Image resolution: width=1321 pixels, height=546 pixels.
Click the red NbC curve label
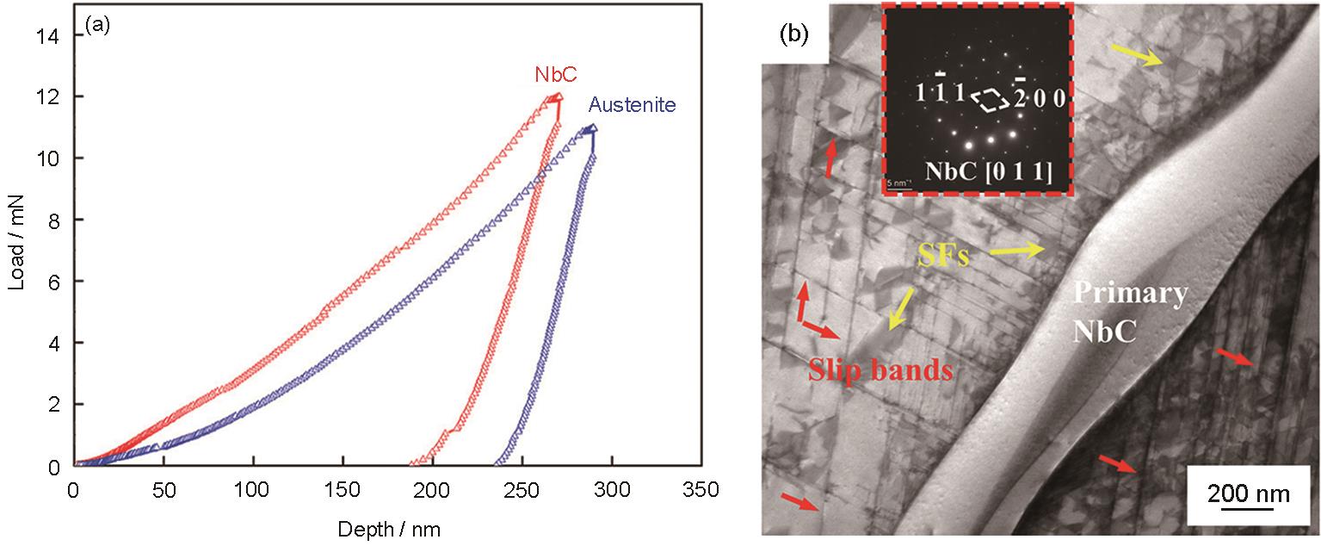pos(556,74)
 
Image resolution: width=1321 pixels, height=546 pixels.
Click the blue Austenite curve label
pos(633,104)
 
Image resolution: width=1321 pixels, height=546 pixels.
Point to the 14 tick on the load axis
pos(47,36)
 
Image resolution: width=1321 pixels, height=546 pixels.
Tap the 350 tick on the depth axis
pos(701,489)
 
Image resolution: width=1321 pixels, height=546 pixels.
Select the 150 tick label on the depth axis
pos(342,489)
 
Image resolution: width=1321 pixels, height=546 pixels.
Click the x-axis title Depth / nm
pos(389,530)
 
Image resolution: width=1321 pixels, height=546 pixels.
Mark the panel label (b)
pos(793,34)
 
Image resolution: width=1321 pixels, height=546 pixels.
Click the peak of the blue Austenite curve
pos(593,127)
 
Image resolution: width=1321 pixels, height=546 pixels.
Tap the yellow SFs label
pos(943,256)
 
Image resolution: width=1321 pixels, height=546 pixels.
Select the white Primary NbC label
pos(1130,311)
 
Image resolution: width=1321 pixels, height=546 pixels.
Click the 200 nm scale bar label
pos(1249,493)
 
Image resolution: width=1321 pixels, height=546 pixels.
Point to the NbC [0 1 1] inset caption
pos(989,171)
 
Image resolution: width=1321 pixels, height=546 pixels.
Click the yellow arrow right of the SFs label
pos(1016,251)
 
